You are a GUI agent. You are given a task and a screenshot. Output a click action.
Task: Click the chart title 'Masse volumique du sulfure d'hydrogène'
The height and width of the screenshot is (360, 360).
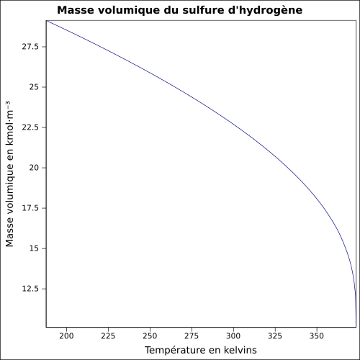coord(180,10)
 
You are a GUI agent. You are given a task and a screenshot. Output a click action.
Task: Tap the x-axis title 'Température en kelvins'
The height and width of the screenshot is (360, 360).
coord(201,350)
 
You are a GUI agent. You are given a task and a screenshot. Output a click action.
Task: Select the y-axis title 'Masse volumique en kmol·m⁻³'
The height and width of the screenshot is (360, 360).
coord(9,174)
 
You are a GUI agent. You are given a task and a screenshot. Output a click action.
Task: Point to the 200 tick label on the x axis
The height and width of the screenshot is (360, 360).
coord(66,336)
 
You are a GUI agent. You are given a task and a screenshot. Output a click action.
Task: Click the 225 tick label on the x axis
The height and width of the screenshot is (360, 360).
coord(108,336)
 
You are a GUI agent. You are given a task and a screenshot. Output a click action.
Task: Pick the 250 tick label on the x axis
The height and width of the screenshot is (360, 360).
coord(150,336)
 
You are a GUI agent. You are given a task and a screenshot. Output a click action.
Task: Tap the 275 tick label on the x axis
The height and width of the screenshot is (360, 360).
coord(192,336)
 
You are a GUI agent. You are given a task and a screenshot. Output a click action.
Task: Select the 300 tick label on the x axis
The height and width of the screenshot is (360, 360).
coord(233,336)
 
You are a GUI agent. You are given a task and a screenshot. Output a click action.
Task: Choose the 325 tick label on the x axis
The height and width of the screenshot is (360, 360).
coord(275,336)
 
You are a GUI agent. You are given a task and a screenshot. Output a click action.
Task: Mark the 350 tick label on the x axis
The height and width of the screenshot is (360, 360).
coord(317,336)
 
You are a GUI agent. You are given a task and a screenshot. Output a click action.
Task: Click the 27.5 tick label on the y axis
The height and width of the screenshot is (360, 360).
coord(30,47)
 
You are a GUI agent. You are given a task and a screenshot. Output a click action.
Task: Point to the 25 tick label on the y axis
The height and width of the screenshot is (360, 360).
coord(34,87)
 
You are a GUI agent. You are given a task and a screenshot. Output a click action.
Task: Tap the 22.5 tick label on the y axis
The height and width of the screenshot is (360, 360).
coord(30,127)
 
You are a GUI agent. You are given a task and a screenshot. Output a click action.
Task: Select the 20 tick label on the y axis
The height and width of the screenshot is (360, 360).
coord(34,168)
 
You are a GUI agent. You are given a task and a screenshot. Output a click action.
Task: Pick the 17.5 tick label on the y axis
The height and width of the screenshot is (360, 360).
coord(30,208)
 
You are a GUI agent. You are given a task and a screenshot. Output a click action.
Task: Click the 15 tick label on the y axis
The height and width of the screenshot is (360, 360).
coord(34,248)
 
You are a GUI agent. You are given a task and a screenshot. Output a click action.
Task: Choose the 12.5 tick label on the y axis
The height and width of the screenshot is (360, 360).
coord(30,289)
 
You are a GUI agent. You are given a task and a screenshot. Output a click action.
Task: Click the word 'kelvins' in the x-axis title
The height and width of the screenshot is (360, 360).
coord(240,350)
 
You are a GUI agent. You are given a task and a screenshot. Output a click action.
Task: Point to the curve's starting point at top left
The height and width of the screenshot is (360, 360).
coord(46,21)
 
